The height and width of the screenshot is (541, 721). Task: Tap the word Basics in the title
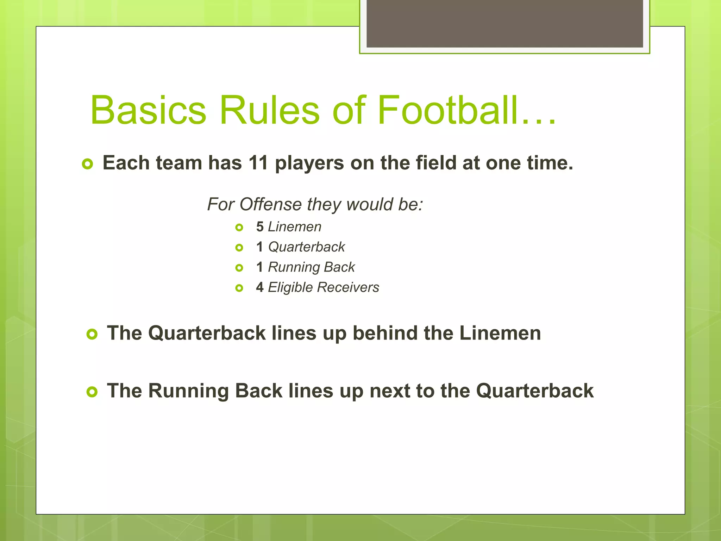[148, 110]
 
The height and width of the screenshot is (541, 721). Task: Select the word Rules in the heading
[269, 110]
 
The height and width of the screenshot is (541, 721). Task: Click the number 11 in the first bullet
[258, 163]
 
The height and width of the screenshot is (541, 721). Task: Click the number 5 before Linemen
[260, 227]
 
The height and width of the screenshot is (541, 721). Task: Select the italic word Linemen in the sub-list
[295, 227]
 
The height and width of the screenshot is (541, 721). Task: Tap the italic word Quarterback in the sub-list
[306, 247]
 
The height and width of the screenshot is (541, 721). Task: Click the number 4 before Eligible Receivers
[260, 287]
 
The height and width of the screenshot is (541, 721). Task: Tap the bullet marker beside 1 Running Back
[239, 268]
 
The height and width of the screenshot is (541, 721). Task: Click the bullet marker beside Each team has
[87, 164]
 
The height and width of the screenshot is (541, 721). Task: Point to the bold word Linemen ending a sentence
[500, 333]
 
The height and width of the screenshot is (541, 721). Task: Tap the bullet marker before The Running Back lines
[92, 392]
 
